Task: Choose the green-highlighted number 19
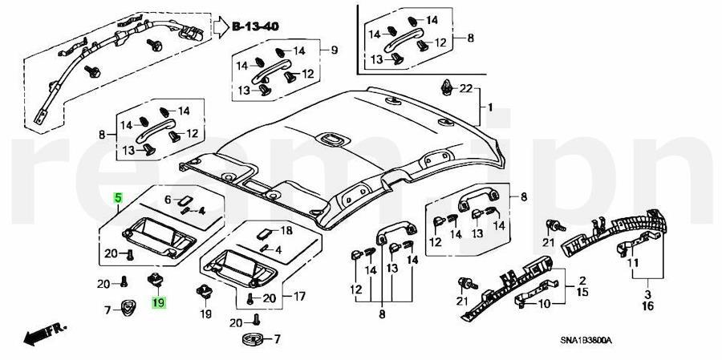(159, 302)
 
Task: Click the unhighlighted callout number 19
(205, 313)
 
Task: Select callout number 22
(465, 88)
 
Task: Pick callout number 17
(298, 297)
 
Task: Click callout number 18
(286, 231)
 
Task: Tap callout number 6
(168, 200)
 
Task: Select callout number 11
(633, 262)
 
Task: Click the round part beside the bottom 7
(251, 340)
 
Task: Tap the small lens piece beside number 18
(264, 233)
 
